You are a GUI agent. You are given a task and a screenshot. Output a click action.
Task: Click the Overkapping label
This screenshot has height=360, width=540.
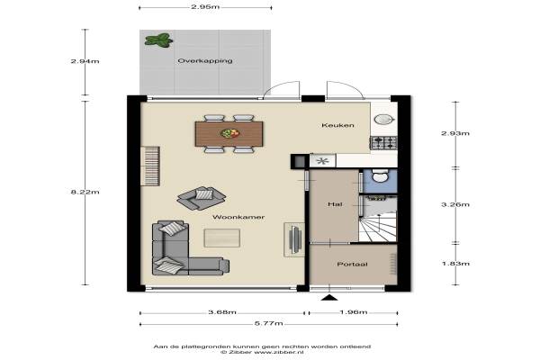(205, 61)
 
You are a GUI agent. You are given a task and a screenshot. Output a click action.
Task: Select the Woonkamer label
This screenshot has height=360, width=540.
(238, 217)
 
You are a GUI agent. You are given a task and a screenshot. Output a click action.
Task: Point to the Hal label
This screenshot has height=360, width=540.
(335, 204)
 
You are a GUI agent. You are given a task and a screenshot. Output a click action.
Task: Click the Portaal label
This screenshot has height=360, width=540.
(352, 265)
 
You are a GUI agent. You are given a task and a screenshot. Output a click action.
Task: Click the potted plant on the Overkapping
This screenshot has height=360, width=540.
(158, 40)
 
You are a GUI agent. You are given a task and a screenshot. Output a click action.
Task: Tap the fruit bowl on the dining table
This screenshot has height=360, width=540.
(229, 133)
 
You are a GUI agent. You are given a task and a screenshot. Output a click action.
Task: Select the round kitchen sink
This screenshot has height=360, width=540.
(383, 120)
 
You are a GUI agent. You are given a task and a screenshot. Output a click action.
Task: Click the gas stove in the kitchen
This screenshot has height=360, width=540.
(383, 142)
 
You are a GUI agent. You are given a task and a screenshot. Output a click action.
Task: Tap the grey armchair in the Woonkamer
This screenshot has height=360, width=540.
(202, 198)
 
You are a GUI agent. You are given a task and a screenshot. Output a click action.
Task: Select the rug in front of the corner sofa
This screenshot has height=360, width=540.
(221, 238)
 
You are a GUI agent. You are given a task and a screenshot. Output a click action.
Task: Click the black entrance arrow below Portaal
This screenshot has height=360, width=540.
(329, 298)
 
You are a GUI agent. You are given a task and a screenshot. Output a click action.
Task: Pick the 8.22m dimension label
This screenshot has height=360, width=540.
(85, 192)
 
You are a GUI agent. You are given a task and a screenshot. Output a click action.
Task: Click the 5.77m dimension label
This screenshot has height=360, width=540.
(268, 323)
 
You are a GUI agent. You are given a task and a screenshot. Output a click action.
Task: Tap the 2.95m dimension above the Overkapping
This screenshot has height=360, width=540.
(205, 7)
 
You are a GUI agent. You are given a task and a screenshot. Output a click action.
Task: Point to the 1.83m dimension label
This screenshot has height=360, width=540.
(455, 264)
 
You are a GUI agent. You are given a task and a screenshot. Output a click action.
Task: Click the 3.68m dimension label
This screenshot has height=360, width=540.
(222, 312)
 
